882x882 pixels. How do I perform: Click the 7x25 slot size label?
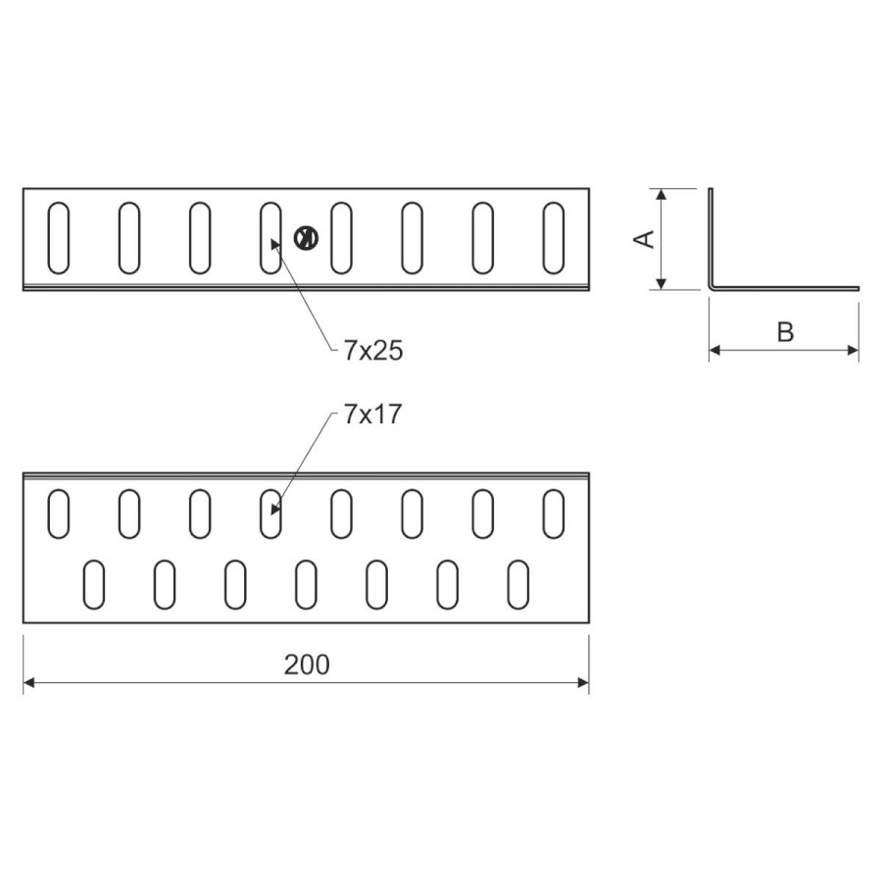(373, 351)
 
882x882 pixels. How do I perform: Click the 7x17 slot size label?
(373, 415)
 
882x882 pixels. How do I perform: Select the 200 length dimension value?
(307, 664)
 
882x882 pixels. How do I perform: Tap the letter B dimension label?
(785, 332)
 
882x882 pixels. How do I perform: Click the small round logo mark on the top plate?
(305, 237)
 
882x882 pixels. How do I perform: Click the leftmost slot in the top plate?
(59, 238)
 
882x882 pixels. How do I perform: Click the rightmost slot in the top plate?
(554, 238)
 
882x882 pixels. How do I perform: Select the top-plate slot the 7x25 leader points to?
(270, 238)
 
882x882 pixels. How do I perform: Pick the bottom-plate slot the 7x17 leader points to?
(270, 513)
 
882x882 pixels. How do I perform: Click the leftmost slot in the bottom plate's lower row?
(94, 584)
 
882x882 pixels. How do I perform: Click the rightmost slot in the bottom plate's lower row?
(518, 584)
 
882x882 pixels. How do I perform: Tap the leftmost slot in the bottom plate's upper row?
(59, 513)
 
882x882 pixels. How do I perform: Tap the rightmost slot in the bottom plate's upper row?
(554, 513)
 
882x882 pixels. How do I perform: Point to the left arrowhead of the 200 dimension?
(29, 681)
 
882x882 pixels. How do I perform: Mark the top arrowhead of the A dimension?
(662, 194)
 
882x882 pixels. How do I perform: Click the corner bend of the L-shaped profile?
(712, 287)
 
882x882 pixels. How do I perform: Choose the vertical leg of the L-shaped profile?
(711, 235)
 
